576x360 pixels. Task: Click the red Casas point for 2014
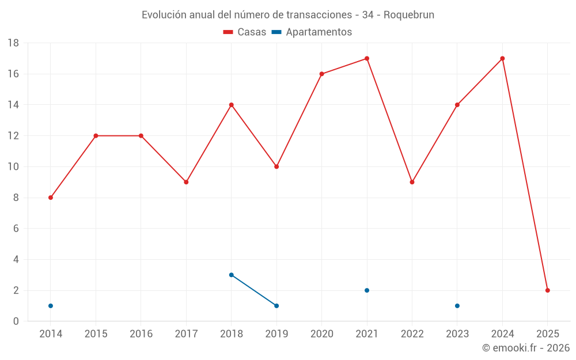[x=51, y=198]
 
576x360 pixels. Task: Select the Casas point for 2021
[x=367, y=58]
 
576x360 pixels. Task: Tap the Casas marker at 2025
[x=548, y=290]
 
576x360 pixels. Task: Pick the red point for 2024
[x=502, y=58]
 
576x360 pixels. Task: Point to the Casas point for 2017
[x=186, y=182]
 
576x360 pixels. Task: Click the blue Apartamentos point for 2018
[x=232, y=275]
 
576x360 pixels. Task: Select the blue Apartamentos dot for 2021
[x=367, y=290]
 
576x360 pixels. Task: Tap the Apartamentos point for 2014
[x=51, y=306]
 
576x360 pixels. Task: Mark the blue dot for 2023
[x=457, y=306]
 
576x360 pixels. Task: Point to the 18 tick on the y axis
[x=13, y=43]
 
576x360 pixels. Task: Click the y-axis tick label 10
[x=13, y=167]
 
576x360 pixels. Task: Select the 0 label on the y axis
[x=16, y=321]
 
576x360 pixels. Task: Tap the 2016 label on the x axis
[x=141, y=334]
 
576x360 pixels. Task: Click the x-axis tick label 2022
[x=412, y=334]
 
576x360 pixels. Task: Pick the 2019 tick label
[x=276, y=334]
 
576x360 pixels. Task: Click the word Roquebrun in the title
[x=409, y=14]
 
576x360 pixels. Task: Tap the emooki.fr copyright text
[x=526, y=348]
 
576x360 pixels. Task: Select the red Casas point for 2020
[x=321, y=74]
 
